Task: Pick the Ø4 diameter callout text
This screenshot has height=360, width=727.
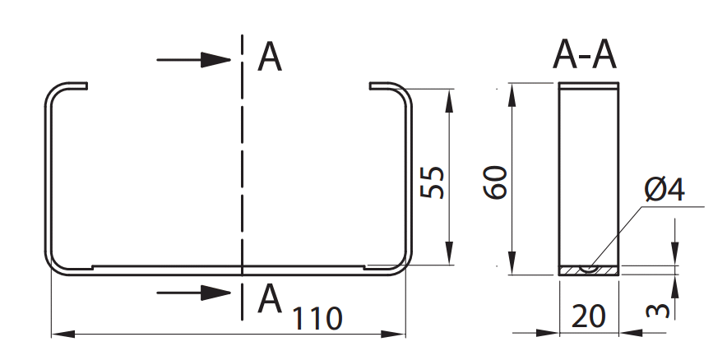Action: pyautogui.click(x=664, y=191)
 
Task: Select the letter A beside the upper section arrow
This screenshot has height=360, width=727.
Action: pyautogui.click(x=270, y=58)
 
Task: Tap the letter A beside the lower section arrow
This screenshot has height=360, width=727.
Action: pyautogui.click(x=270, y=298)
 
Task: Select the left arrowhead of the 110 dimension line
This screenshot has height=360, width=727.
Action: pyautogui.click(x=60, y=334)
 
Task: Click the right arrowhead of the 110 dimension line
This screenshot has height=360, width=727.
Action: pyautogui.click(x=398, y=334)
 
